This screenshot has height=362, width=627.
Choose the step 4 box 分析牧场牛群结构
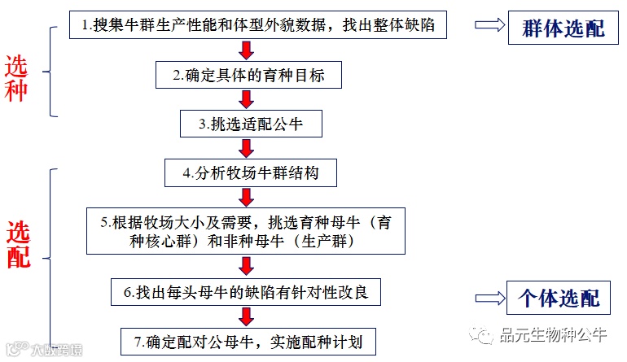tap(248, 173)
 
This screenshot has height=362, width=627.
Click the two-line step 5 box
tap(247, 231)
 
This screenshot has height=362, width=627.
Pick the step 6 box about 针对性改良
tap(246, 291)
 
